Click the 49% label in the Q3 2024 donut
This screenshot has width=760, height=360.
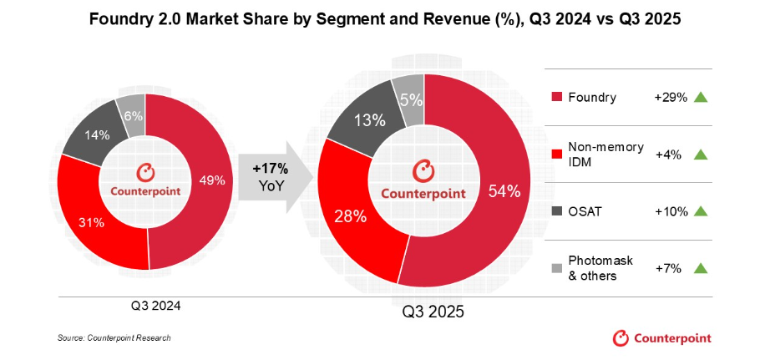(x=210, y=178)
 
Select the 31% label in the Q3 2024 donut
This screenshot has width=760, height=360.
(x=91, y=222)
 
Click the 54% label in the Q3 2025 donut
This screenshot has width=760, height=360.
(x=503, y=191)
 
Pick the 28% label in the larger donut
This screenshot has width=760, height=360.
(x=350, y=216)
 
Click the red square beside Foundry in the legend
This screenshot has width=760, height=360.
(x=558, y=98)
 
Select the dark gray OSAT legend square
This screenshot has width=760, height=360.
(x=558, y=212)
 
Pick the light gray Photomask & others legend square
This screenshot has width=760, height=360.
(x=558, y=268)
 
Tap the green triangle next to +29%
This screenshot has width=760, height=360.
(x=700, y=98)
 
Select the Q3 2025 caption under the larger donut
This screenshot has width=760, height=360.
(x=433, y=312)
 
